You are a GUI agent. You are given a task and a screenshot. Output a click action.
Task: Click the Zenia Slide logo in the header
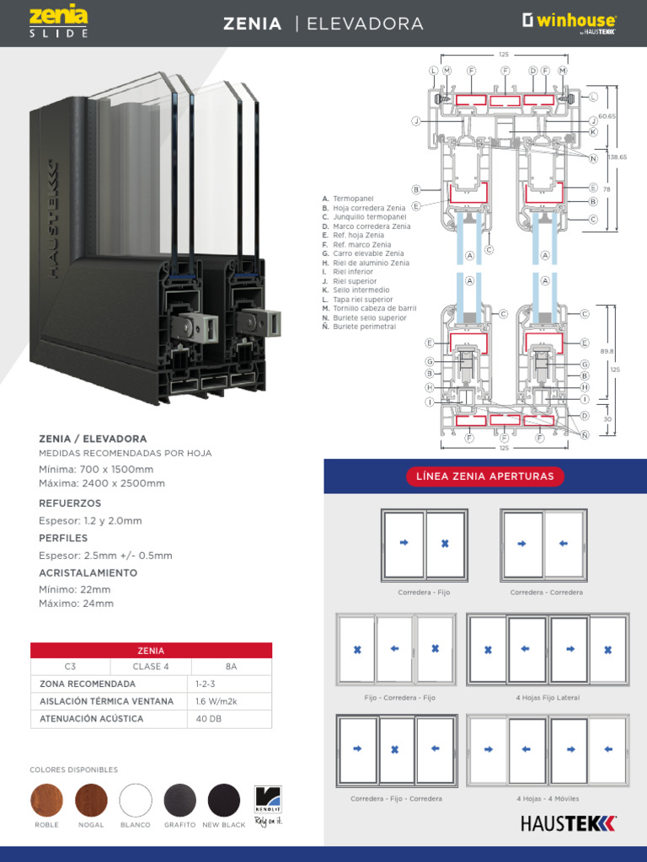[58, 22]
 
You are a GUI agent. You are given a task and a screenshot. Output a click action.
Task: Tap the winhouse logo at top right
[569, 22]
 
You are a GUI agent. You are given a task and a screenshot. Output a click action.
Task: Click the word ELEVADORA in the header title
[365, 24]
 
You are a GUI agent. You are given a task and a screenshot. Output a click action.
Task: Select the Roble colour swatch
[46, 800]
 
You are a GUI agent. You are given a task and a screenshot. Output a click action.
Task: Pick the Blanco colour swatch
[136, 800]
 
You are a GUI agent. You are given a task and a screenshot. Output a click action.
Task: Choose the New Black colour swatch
[224, 800]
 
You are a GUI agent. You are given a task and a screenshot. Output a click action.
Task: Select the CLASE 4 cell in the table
[151, 667]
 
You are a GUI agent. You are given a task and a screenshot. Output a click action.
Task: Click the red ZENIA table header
[151, 650]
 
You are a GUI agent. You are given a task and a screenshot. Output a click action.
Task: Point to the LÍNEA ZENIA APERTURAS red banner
[484, 476]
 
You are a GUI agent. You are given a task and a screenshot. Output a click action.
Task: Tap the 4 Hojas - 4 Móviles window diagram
[547, 751]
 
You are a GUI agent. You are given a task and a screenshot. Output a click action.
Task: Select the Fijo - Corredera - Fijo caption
[399, 698]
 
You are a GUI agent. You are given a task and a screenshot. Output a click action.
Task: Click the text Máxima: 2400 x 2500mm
[102, 483]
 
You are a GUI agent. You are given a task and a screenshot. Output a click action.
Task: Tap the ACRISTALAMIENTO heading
[88, 573]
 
